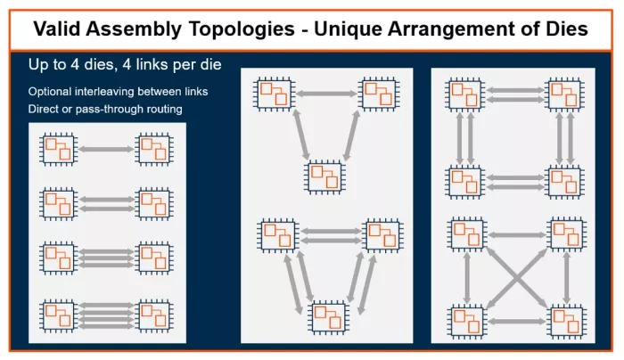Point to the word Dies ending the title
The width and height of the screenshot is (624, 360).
(561, 29)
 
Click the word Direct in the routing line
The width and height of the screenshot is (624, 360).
(46, 109)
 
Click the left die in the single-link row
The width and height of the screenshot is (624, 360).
(59, 149)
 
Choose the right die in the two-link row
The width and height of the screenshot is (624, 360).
(152, 203)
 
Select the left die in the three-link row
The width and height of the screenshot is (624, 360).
(59, 258)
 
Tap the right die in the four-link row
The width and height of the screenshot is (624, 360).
(152, 315)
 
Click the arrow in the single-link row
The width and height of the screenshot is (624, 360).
(105, 149)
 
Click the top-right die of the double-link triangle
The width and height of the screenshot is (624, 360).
(382, 234)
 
